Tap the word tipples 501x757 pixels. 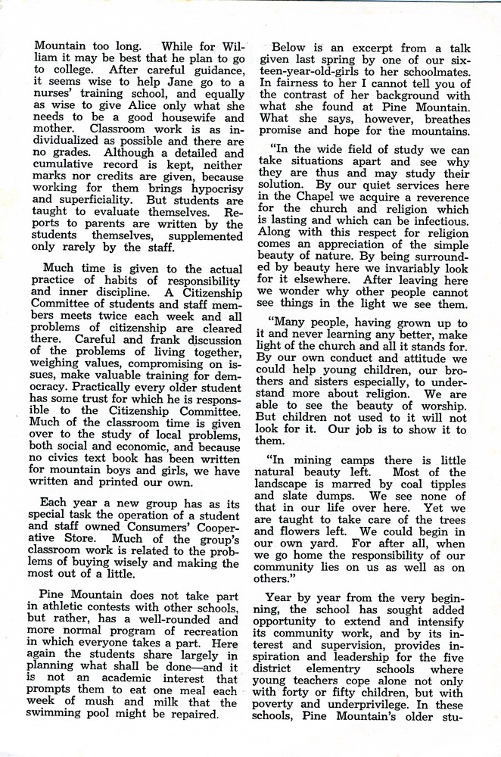tap(447, 484)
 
